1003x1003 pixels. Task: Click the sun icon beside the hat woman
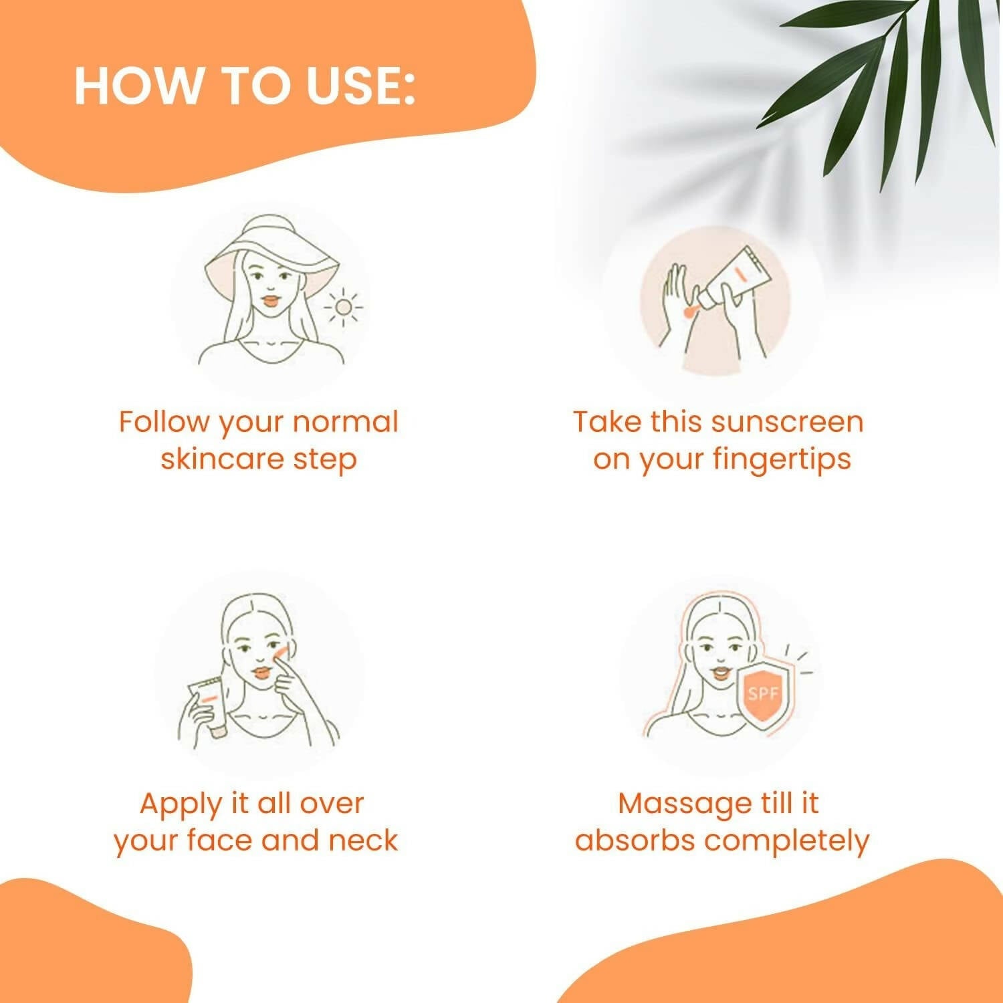click(343, 308)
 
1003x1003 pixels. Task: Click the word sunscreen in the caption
click(787, 423)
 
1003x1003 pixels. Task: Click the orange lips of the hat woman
click(270, 301)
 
